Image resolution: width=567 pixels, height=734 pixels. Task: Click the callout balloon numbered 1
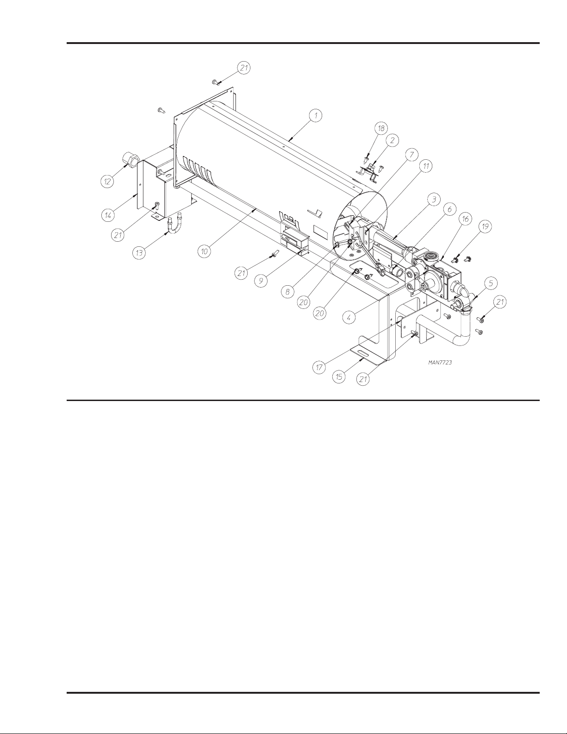316,116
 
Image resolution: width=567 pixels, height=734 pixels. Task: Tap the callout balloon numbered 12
107,182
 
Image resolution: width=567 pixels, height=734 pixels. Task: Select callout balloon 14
108,215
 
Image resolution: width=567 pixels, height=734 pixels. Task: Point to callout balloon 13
139,252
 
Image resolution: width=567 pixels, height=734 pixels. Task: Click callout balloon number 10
205,251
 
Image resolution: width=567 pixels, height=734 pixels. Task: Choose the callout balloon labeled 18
381,128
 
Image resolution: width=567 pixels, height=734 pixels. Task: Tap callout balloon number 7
411,155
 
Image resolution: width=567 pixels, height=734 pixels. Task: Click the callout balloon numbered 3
434,200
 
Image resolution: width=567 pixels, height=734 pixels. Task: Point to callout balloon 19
485,226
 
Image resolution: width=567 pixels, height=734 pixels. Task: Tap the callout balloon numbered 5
491,283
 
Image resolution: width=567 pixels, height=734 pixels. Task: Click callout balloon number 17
319,367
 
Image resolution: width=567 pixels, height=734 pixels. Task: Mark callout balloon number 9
261,281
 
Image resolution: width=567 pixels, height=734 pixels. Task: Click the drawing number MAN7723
440,363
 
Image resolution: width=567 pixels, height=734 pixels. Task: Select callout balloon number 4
349,317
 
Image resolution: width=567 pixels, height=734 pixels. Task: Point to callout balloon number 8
287,292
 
